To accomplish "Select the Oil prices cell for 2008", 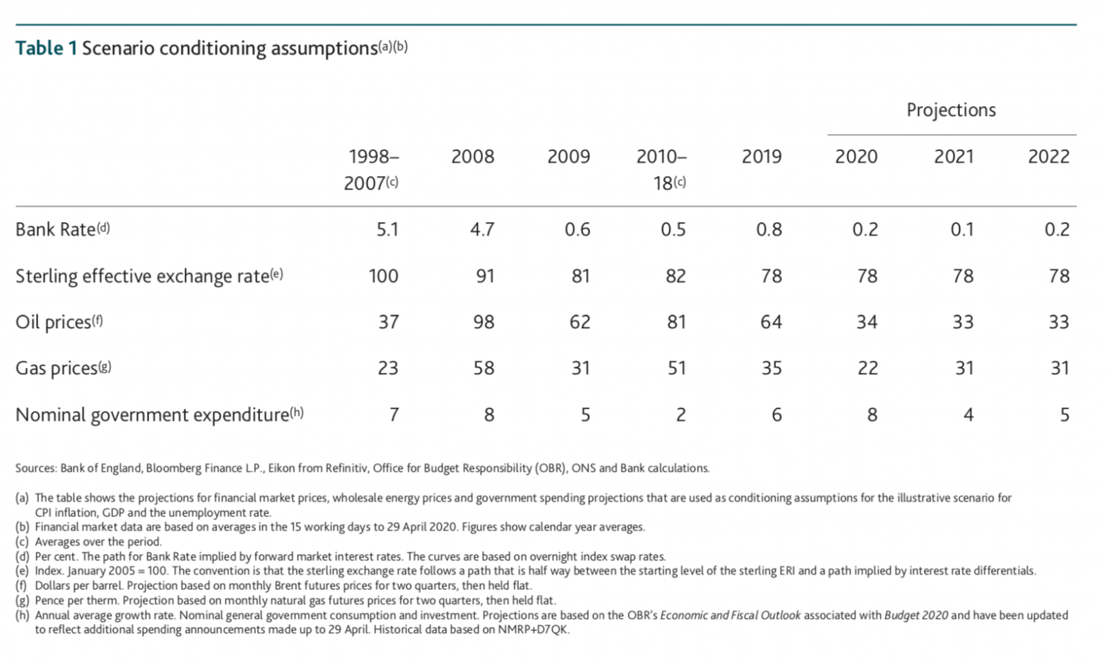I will click(483, 322).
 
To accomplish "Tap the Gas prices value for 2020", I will click(867, 369).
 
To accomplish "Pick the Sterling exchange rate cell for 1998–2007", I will click(383, 276).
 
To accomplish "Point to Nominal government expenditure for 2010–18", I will click(680, 415).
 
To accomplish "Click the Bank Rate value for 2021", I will click(961, 229).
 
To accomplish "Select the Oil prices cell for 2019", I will click(770, 322).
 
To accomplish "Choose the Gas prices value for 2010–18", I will click(676, 369).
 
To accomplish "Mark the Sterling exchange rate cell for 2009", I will click(580, 276).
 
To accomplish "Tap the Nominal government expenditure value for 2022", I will click(1064, 415).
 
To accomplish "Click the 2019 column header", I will click(762, 157).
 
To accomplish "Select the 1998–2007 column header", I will click(373, 169).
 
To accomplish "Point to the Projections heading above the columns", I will click(951, 110).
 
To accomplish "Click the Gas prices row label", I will click(56, 369).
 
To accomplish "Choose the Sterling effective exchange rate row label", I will click(142, 276).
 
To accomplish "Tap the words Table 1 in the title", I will click(46, 48).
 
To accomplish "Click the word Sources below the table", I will click(35, 468).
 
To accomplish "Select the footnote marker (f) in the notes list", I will click(22, 586).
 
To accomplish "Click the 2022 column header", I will click(1048, 157).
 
